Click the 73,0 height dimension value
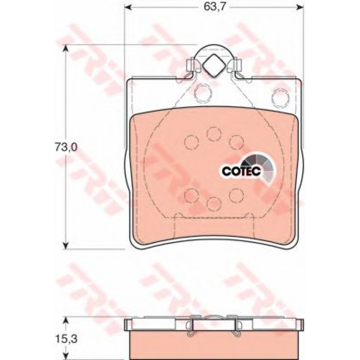click(x=66, y=147)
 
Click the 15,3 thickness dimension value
click(x=66, y=339)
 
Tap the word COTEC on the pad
click(x=241, y=170)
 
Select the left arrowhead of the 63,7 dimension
click(x=127, y=7)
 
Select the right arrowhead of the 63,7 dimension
click(x=301, y=7)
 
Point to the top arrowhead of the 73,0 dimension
click(x=66, y=48)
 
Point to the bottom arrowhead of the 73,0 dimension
click(x=66, y=245)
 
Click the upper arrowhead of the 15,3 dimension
click(x=66, y=321)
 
